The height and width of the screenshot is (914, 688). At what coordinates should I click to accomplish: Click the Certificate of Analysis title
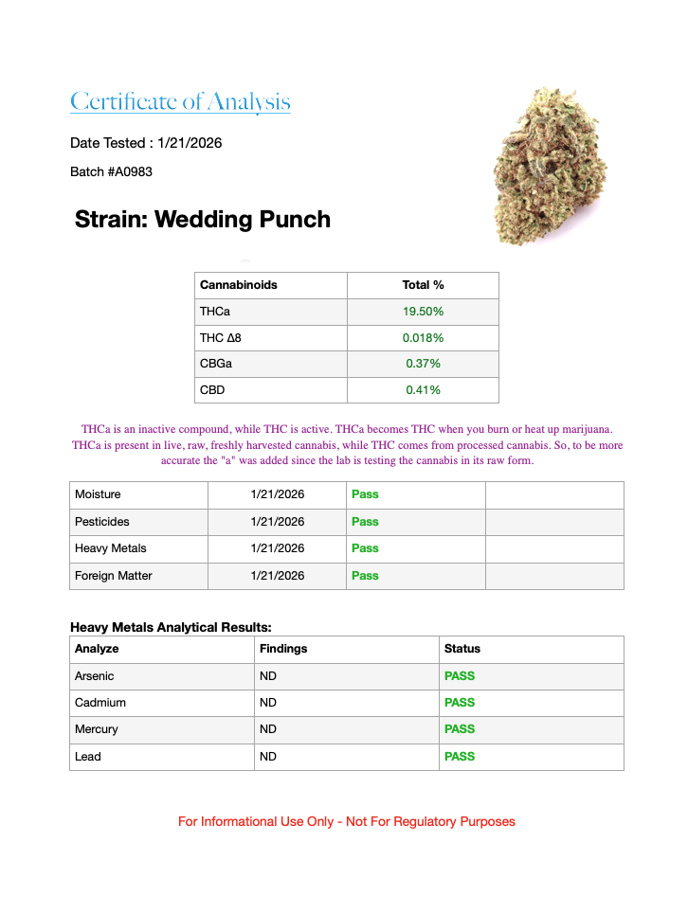tap(180, 101)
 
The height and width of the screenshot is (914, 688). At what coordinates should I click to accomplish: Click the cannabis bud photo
tap(551, 166)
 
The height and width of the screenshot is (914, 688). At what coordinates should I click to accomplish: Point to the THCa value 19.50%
tap(423, 312)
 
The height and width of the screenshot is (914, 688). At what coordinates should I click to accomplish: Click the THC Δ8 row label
tap(227, 337)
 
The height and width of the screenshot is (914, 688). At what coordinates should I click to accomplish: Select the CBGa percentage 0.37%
tap(423, 364)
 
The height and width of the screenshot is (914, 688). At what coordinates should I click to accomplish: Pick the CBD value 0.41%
tap(423, 389)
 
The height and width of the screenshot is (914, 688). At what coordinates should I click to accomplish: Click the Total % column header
tap(423, 285)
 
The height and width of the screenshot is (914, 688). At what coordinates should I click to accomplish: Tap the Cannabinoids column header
tap(239, 285)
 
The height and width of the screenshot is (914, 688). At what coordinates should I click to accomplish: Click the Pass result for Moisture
tap(365, 494)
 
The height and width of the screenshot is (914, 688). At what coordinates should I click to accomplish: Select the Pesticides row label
tap(102, 522)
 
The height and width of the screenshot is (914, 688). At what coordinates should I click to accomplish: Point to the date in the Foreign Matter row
tap(278, 576)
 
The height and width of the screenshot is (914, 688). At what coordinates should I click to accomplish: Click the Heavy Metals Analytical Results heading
tap(171, 627)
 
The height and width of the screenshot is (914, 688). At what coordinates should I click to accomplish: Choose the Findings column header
tap(283, 649)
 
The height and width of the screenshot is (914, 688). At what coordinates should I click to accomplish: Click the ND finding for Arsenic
tap(268, 676)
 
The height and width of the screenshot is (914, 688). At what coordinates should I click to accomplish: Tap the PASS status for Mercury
tap(460, 729)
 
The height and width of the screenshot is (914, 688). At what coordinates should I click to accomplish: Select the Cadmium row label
tap(100, 703)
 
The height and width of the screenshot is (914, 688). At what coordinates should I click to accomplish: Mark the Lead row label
tap(88, 757)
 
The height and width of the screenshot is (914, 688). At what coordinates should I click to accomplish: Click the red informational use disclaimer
tap(347, 821)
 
